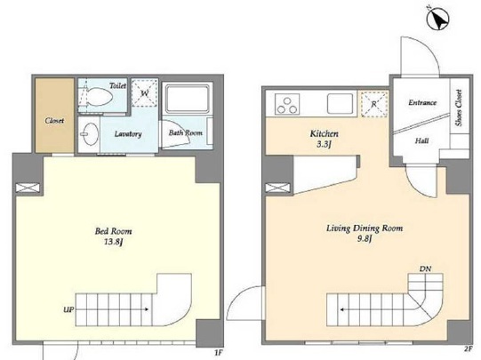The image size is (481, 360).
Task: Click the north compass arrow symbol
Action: [x=438, y=19]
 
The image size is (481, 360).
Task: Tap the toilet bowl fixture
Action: [x=100, y=96]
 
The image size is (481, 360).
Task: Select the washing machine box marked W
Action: [x=145, y=92]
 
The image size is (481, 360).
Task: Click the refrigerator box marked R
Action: [x=374, y=104]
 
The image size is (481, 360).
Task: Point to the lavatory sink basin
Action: [x=90, y=134]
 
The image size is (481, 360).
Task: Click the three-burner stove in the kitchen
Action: [x=287, y=104]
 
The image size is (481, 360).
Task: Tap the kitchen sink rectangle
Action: [x=340, y=104]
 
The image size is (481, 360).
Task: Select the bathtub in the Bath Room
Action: [x=187, y=99]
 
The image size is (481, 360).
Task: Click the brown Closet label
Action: [x=54, y=121]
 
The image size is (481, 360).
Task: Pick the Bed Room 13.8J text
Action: [x=114, y=236]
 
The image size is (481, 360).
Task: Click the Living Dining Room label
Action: [x=365, y=228]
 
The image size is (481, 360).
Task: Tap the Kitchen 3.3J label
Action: [x=324, y=139]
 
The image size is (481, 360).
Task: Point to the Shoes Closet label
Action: [x=459, y=108]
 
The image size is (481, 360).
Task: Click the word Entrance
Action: [x=422, y=102]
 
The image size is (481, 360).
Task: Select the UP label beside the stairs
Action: [x=68, y=309]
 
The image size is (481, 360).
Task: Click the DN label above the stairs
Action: [x=425, y=269]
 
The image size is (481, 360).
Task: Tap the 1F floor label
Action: [x=218, y=353]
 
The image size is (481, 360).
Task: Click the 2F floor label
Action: [x=468, y=348]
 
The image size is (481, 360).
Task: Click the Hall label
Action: [x=421, y=140]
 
